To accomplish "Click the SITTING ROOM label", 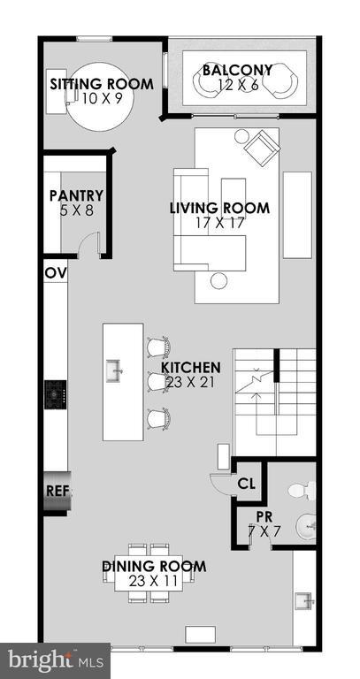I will (101, 84).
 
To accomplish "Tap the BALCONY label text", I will (237, 70).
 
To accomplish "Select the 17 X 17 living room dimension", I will (219, 223).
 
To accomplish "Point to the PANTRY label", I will (76, 195).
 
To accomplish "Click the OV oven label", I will (54, 274).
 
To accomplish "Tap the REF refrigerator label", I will (57, 489).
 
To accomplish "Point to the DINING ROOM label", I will (153, 566).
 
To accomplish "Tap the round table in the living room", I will (218, 281).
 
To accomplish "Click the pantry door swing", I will (88, 247).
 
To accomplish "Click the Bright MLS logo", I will (55, 659).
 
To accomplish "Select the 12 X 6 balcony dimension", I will (237, 85).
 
